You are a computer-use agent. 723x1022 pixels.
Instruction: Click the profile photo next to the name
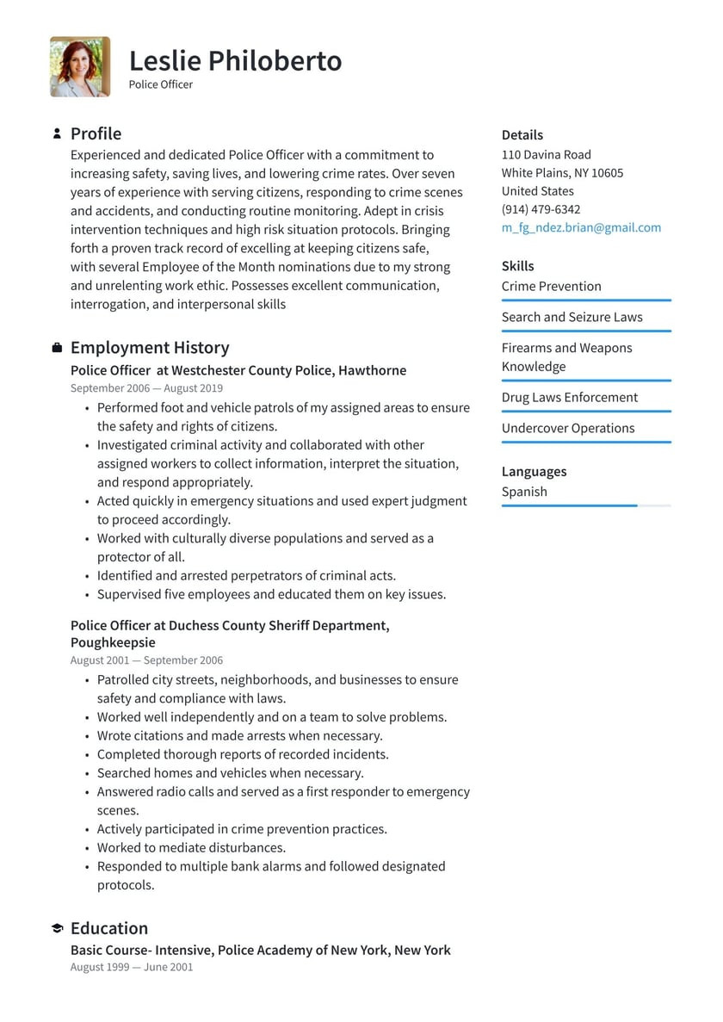pyautogui.click(x=80, y=66)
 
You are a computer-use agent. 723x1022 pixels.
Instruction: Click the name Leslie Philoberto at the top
pyautogui.click(x=235, y=60)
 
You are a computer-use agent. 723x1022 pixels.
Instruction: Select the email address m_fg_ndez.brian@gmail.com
pyautogui.click(x=581, y=227)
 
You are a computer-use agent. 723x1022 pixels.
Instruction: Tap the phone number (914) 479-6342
pyautogui.click(x=541, y=209)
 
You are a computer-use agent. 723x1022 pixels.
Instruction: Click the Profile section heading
pyautogui.click(x=96, y=133)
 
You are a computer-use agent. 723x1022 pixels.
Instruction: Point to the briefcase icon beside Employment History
pyautogui.click(x=57, y=348)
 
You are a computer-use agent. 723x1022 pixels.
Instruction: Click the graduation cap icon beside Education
pyautogui.click(x=57, y=928)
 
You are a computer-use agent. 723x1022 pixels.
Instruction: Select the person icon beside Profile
pyautogui.click(x=57, y=133)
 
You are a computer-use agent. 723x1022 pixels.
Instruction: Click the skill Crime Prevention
pyautogui.click(x=551, y=286)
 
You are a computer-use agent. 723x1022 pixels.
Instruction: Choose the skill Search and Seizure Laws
pyautogui.click(x=572, y=317)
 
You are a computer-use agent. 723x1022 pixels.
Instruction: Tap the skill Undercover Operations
pyautogui.click(x=567, y=428)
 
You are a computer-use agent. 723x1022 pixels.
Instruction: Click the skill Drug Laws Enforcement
pyautogui.click(x=569, y=397)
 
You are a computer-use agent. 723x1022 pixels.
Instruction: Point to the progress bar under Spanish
pyautogui.click(x=585, y=505)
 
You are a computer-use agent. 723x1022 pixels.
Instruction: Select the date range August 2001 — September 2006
pyautogui.click(x=146, y=660)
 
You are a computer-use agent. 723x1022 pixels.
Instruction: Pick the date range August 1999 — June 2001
pyautogui.click(x=132, y=967)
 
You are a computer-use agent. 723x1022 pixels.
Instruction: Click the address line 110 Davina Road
pyautogui.click(x=546, y=154)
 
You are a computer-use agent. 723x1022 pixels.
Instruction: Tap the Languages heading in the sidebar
pyautogui.click(x=534, y=471)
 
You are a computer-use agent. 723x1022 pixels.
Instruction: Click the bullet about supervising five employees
pyautogui.click(x=271, y=594)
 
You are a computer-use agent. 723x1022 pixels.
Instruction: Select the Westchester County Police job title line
pyautogui.click(x=238, y=370)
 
